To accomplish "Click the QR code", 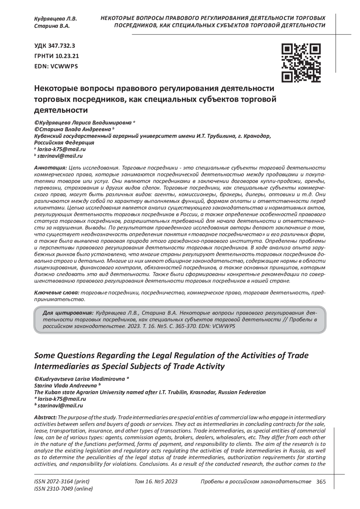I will pyautogui.click(x=301, y=63).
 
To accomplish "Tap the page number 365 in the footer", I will pyautogui.click(x=321, y=482).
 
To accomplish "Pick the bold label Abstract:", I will pyautogui.click(x=46, y=418).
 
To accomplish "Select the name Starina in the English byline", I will pyautogui.click(x=44, y=385).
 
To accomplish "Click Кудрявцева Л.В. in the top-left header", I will pyautogui.click(x=55, y=19).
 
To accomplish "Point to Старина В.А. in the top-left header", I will pyautogui.click(x=52, y=26).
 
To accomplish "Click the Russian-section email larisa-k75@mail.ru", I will pyautogui.click(x=61, y=149).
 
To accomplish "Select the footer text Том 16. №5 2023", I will pyautogui.click(x=156, y=482).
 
